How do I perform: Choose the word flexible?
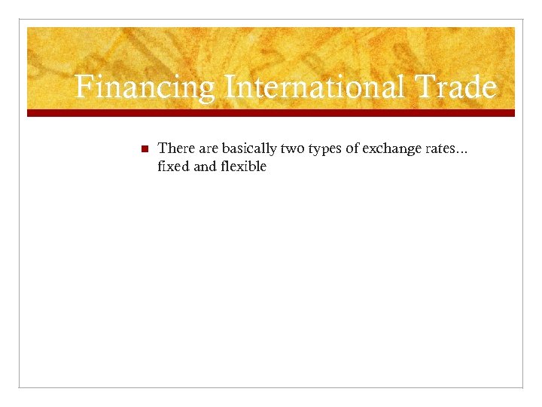pyautogui.click(x=243, y=167)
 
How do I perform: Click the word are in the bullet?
pyautogui.click(x=209, y=149)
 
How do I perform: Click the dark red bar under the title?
pyautogui.click(x=271, y=113)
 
